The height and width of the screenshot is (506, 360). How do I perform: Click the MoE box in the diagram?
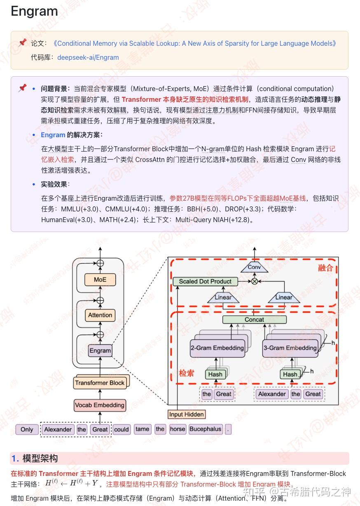coord(100,279)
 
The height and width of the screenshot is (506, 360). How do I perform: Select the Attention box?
coord(100,315)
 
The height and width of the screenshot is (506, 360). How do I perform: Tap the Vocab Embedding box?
coord(100,405)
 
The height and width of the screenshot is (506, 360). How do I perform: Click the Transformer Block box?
coord(100,383)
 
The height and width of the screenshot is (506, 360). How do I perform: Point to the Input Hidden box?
coord(186,414)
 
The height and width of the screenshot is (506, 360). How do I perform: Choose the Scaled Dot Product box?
coord(205,281)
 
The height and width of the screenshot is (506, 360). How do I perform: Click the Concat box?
coord(254,319)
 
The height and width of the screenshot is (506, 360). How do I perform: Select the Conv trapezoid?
coord(254,267)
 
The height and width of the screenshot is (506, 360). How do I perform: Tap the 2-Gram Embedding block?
coord(217,348)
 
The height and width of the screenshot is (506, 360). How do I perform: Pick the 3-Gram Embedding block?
coord(290,348)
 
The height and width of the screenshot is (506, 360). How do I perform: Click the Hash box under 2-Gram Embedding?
coord(215,374)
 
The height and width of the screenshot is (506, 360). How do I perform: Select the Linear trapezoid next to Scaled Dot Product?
coord(223,297)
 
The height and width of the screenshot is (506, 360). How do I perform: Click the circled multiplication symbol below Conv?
coord(254,281)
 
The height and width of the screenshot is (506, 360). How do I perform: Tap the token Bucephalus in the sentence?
coord(205,429)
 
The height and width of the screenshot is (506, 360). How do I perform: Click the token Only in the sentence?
coord(27,429)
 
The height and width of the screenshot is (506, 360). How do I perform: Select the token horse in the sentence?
coord(178,429)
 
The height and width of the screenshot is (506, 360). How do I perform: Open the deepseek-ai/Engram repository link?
coord(88,57)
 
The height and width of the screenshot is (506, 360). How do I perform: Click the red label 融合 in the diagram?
coord(325,268)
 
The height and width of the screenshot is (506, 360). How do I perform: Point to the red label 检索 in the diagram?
coord(186,373)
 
